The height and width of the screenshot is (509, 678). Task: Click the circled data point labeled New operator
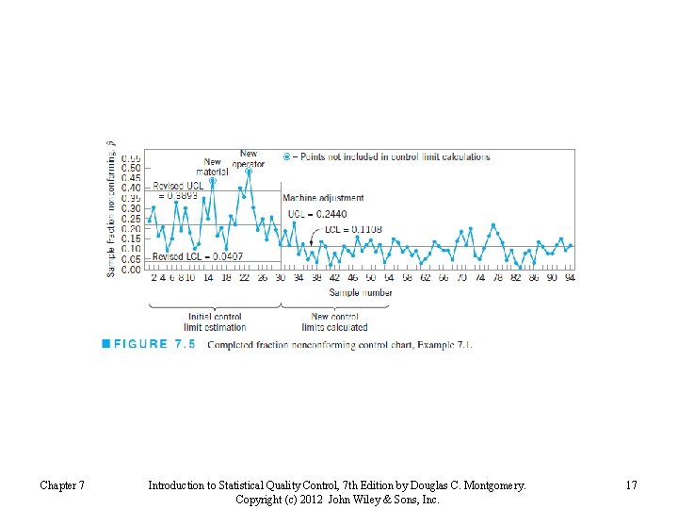(x=249, y=172)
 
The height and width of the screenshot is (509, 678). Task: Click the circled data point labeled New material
(x=213, y=181)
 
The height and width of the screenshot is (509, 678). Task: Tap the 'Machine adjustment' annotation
(x=323, y=198)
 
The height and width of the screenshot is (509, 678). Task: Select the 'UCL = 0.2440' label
(x=317, y=214)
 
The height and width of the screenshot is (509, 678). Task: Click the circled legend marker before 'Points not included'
(x=286, y=156)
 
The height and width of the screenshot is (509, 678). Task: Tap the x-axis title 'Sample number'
(x=361, y=293)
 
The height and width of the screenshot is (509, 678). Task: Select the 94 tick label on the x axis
(x=570, y=278)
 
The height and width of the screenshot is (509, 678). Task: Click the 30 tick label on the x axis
(x=280, y=278)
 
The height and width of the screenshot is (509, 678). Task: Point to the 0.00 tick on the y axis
(x=132, y=270)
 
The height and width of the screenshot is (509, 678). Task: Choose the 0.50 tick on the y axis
(x=132, y=167)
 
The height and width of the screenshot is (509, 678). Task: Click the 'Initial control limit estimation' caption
(x=215, y=322)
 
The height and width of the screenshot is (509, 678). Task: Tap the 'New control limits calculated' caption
(x=334, y=322)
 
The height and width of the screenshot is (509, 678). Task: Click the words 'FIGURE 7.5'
(x=154, y=344)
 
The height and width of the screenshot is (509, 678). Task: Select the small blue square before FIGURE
(x=106, y=344)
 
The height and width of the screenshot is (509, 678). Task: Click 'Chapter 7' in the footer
(x=62, y=485)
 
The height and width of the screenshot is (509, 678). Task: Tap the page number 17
(x=631, y=485)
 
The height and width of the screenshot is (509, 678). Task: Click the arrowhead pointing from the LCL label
(x=312, y=242)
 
